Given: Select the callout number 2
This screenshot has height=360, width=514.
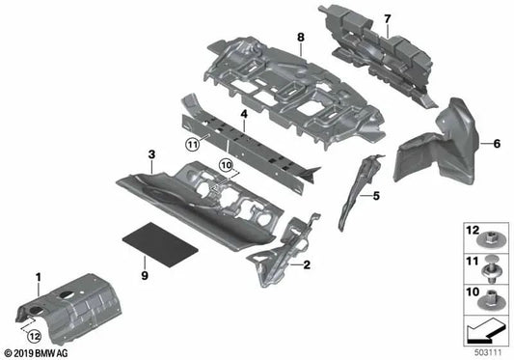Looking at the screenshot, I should click(308, 263).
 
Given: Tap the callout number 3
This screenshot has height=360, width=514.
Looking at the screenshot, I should click(151, 155).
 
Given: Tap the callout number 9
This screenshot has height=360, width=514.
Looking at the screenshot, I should click(145, 276).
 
